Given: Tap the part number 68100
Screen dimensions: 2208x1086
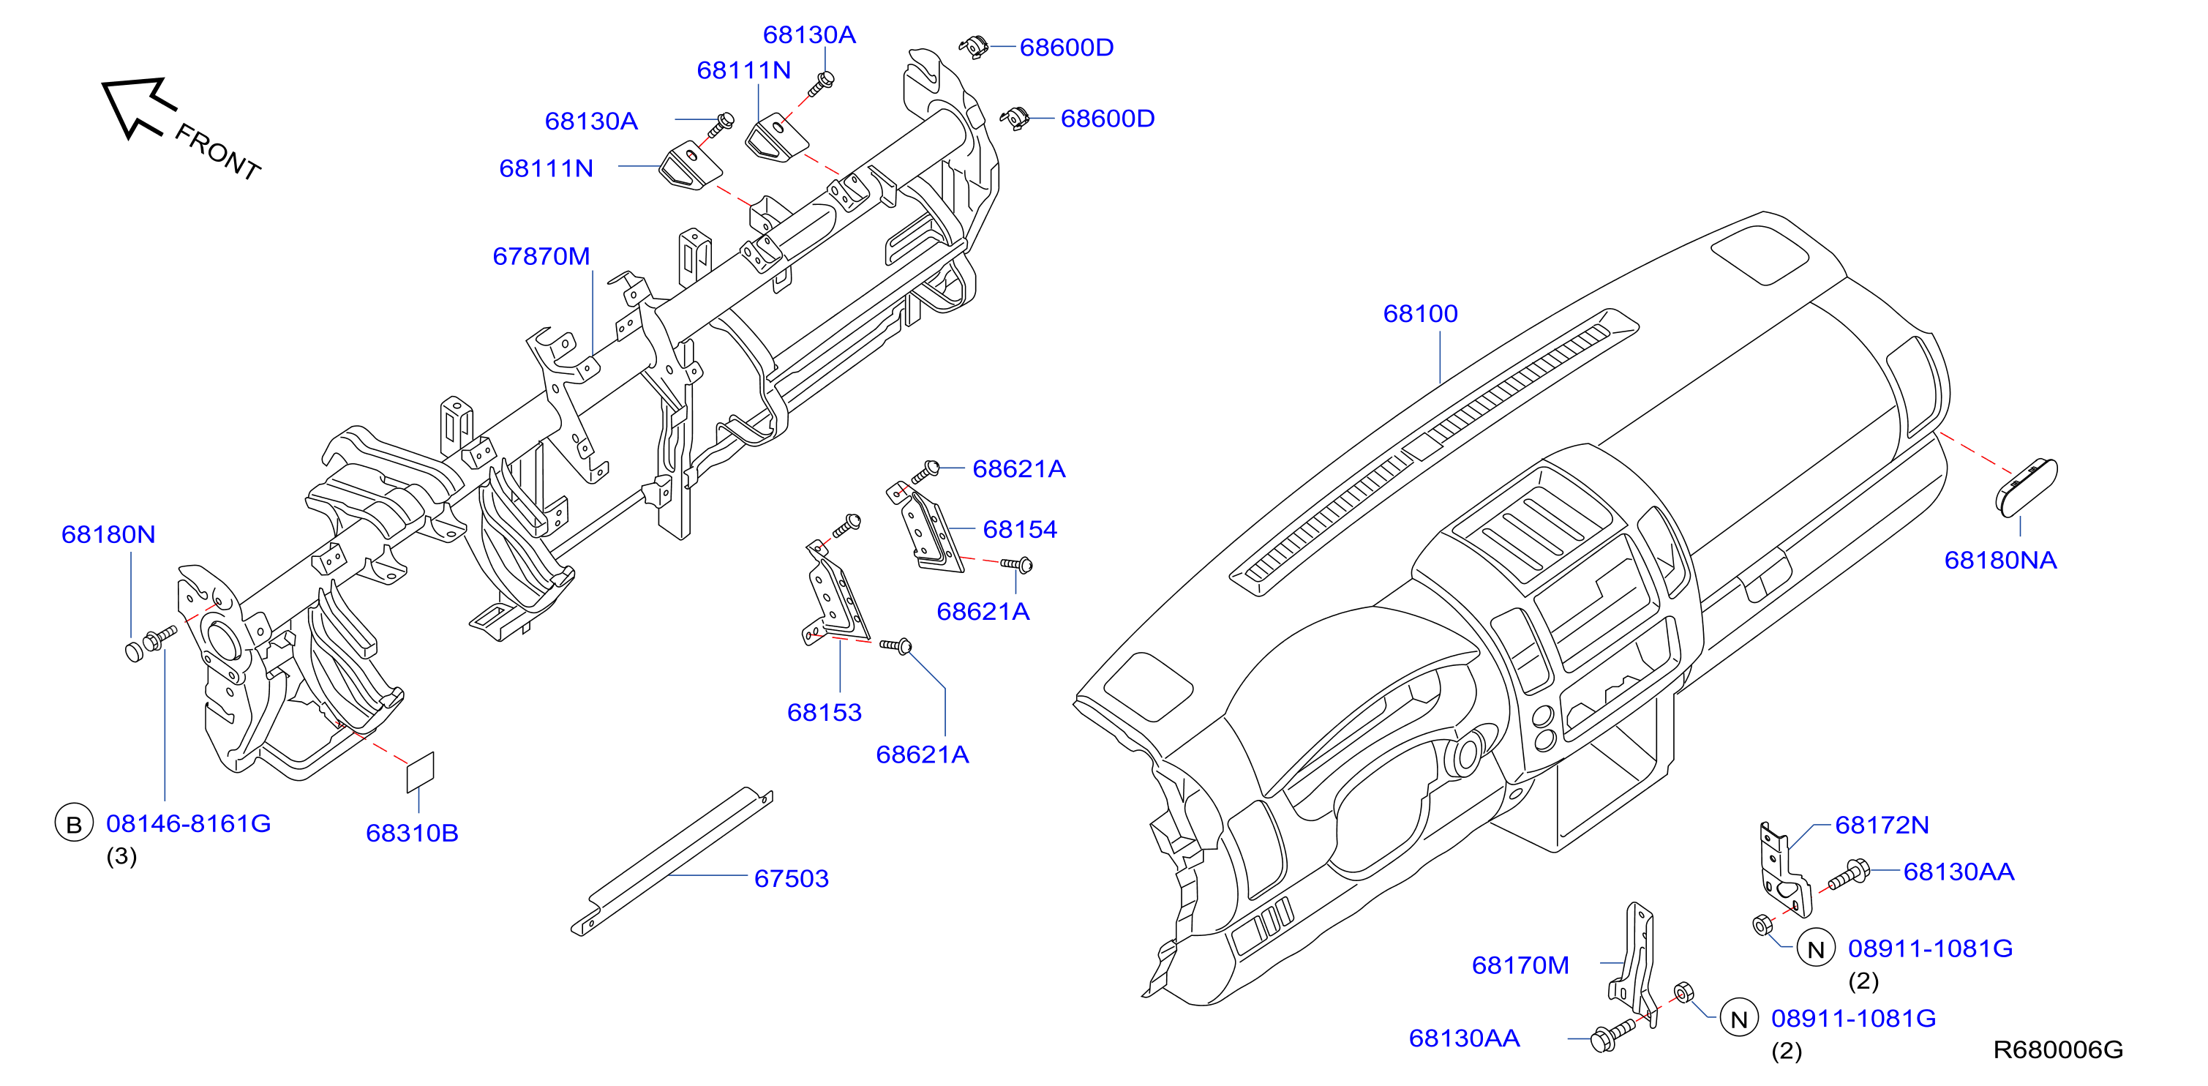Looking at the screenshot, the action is pyautogui.click(x=1420, y=314).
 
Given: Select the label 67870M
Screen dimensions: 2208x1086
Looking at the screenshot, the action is pyautogui.click(x=541, y=256).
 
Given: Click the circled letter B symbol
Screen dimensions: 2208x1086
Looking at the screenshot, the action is pyautogui.click(x=74, y=824).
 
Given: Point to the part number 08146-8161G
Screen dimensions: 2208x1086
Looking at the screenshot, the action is pyautogui.click(x=189, y=824).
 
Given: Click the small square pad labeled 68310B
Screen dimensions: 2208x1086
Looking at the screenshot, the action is pyautogui.click(x=420, y=772).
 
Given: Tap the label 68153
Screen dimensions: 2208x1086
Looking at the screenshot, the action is pyautogui.click(x=824, y=712).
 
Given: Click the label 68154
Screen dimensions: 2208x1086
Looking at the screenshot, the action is pyautogui.click(x=1019, y=530).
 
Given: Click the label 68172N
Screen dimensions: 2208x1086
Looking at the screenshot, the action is pyautogui.click(x=1882, y=825).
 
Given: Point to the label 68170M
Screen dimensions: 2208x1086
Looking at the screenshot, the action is pyautogui.click(x=1520, y=965).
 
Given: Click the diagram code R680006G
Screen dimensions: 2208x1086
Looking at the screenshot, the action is pyautogui.click(x=2058, y=1050).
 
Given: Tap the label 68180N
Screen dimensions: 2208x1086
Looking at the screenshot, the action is pyautogui.click(x=108, y=535).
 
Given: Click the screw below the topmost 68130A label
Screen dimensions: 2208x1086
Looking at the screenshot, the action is pyautogui.click(x=821, y=84).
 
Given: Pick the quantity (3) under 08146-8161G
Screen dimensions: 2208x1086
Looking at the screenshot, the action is pyautogui.click(x=121, y=856).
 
